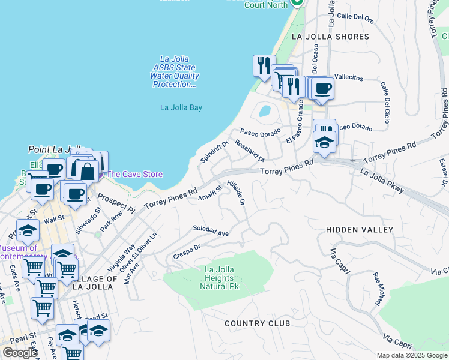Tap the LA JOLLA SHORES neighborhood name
(330, 37)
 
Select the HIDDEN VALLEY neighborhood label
(359, 230)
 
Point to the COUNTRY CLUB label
(257, 323)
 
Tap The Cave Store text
(134, 174)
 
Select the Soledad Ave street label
(211, 231)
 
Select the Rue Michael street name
(378, 289)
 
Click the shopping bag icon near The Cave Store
(87, 170)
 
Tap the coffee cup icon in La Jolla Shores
(322, 88)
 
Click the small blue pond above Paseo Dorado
(264, 111)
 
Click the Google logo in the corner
(20, 353)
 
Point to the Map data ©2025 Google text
(411, 355)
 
